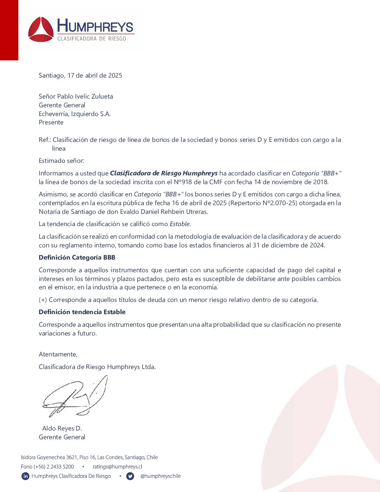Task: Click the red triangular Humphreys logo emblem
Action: (x=41, y=30)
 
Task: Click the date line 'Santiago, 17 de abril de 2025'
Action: (x=80, y=75)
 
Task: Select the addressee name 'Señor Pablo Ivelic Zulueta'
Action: (x=76, y=96)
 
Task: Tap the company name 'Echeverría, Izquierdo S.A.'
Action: (x=75, y=114)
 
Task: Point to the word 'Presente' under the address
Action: (x=51, y=122)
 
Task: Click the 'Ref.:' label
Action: (x=45, y=140)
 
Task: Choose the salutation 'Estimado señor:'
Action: (x=61, y=161)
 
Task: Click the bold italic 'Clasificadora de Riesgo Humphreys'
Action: (x=164, y=173)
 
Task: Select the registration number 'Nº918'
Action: (x=183, y=182)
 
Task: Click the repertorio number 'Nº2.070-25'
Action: (x=280, y=203)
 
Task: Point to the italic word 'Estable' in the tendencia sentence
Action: (x=180, y=224)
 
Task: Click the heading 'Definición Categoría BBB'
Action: (x=77, y=258)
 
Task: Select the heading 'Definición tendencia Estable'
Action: (x=82, y=312)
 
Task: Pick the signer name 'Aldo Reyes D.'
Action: (x=62, y=428)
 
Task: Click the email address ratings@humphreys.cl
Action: (x=117, y=467)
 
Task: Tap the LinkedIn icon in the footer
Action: (x=25, y=476)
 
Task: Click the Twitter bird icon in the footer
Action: (x=130, y=476)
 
